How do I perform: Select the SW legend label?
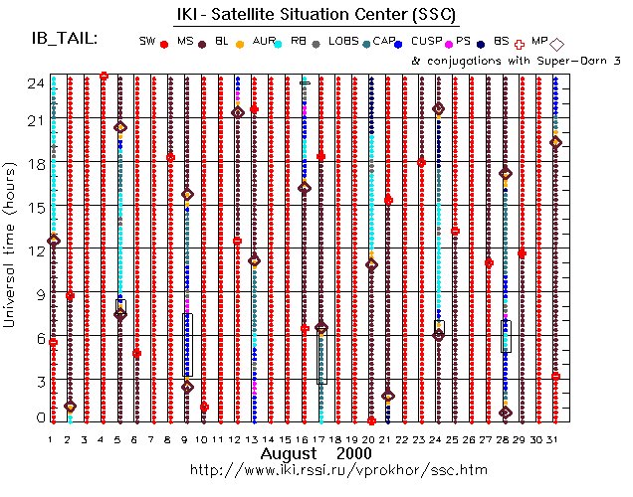pyautogui.click(x=147, y=41)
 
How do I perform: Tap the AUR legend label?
pyautogui.click(x=264, y=41)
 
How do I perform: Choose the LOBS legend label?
pyautogui.click(x=343, y=41)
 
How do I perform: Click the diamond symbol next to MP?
pyautogui.click(x=557, y=44)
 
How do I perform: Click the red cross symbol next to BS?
pyautogui.click(x=519, y=44)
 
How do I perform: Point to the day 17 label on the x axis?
pyautogui.click(x=320, y=437)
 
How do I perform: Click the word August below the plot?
pyautogui.click(x=289, y=453)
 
